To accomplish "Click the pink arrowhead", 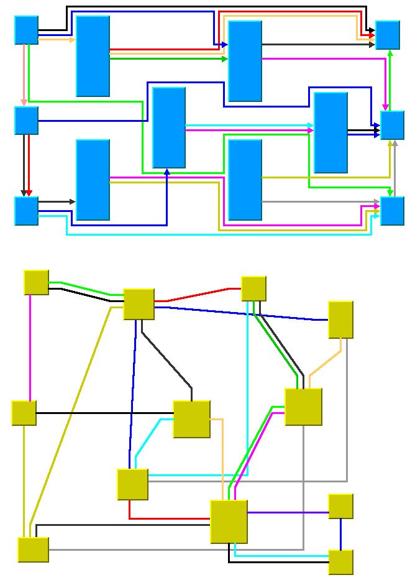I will [24, 103].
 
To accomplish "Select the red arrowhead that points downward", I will [29, 193].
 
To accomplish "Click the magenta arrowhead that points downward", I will [386, 107].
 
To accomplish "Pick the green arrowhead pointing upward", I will [390, 53].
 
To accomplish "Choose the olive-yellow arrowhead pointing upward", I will [390, 144].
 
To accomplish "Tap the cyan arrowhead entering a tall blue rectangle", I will [311, 126].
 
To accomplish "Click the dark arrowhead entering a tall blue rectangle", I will [72, 201].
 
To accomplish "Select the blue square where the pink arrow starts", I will [26, 30].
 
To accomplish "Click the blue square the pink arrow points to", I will [26, 121].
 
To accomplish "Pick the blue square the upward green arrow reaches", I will [387, 35].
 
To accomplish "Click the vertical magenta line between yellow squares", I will [30, 348].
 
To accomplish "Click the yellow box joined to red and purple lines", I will [229, 522].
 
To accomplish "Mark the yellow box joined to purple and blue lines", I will [340, 506].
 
